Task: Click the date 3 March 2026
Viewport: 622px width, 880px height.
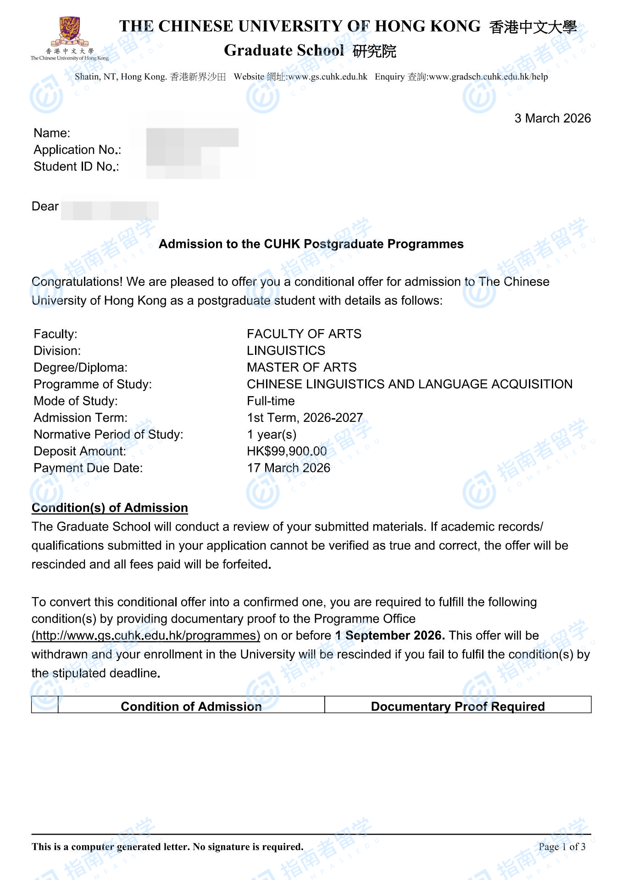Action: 552,118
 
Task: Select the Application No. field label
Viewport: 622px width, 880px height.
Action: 77,150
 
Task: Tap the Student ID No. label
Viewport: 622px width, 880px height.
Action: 76,167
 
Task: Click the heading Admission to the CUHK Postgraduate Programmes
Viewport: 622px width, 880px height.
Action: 311,244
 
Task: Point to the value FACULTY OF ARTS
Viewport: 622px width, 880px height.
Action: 304,334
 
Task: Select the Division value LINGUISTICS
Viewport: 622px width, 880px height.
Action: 286,351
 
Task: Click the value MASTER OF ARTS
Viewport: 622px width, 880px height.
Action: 301,367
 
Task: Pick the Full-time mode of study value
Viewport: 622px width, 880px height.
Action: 271,401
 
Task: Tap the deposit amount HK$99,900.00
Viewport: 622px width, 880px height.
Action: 287,451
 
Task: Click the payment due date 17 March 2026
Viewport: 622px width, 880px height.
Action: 289,468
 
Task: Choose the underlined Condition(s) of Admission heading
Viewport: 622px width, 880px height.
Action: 110,508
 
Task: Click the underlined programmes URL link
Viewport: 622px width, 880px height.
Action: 146,635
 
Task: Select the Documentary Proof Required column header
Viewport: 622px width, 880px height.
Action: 457,706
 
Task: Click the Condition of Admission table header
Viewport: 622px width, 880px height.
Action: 191,706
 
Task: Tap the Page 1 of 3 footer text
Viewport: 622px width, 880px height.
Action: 562,846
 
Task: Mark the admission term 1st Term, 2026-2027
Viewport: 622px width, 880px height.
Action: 305,418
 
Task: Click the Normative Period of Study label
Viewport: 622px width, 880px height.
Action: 108,434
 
